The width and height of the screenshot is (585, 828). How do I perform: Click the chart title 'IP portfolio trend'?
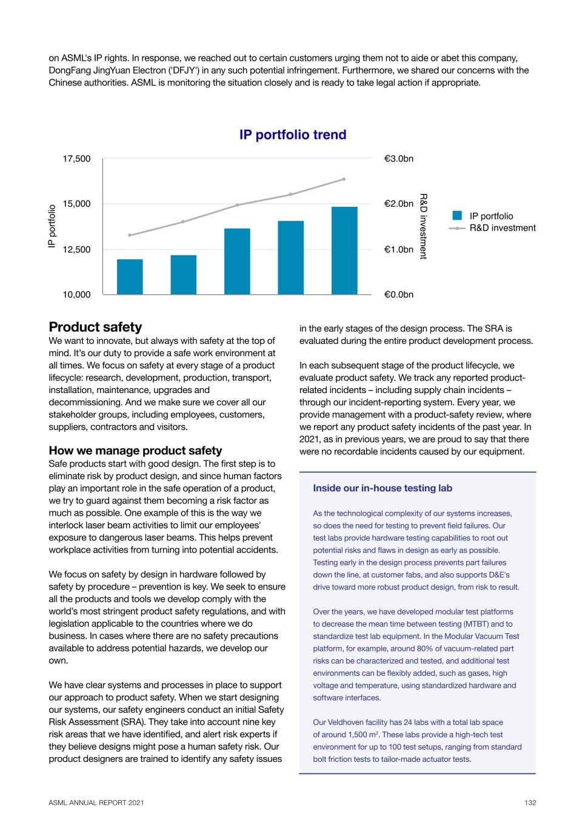pos(293,135)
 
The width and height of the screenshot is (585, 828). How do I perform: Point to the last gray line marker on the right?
pos(344,179)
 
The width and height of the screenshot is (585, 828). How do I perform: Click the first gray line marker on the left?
pos(130,235)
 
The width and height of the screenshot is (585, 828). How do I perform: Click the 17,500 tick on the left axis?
pos(76,159)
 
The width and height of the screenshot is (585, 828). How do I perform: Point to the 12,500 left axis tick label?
pos(76,249)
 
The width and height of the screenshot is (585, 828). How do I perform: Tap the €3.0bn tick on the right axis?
pos(399,159)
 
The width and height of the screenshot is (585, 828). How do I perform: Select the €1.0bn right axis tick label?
pos(399,249)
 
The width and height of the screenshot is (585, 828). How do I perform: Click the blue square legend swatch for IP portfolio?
pos(457,215)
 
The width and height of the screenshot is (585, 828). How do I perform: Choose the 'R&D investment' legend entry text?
pos(503,228)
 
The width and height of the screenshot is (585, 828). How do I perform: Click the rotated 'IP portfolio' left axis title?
pos(52,226)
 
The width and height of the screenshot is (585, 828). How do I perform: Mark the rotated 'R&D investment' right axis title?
pos(424,226)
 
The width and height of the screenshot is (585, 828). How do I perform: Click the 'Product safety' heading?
pos(95,328)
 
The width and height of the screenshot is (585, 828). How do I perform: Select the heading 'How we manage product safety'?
pos(135,450)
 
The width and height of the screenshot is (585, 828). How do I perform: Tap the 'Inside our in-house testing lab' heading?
pos(383,488)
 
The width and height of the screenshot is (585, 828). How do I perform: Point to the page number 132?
pos(530,803)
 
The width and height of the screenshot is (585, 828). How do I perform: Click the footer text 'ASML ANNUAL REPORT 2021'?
pos(96,803)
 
